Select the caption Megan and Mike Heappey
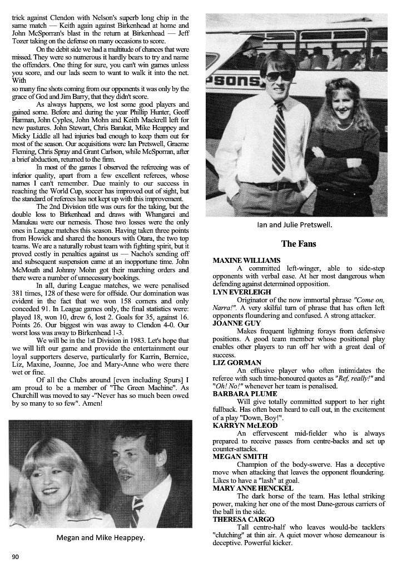[x=100, y=537]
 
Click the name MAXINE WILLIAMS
[x=246, y=260]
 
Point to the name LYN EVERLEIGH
[x=242, y=292]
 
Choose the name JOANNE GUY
[x=236, y=323]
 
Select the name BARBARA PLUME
[x=244, y=393]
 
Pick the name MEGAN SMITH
[x=240, y=456]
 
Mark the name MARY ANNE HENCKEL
[x=254, y=488]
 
